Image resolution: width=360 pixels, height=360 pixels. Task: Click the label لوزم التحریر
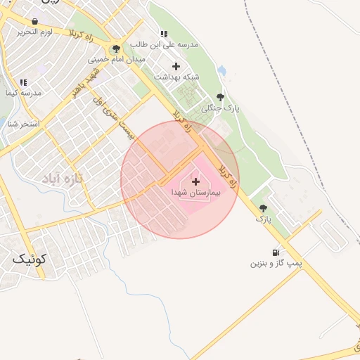click(35, 34)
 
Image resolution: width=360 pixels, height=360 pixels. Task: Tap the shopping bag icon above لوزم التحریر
click(34, 22)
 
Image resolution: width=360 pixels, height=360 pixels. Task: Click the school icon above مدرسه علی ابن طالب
click(164, 33)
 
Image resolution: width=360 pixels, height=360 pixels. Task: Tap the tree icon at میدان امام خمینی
click(115, 49)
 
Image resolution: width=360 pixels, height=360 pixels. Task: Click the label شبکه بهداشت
click(176, 77)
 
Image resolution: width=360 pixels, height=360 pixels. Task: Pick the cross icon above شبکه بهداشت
click(176, 66)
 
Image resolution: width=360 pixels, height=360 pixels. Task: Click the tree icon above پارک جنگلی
click(220, 97)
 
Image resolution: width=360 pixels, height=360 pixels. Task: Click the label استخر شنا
click(24, 124)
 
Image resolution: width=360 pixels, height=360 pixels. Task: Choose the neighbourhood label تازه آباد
click(62, 179)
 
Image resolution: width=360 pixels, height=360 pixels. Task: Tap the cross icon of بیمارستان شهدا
click(195, 181)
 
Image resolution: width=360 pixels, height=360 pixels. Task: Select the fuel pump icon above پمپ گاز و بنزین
click(274, 252)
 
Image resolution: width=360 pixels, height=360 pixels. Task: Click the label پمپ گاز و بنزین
click(276, 264)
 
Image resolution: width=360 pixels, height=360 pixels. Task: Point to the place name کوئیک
click(29, 259)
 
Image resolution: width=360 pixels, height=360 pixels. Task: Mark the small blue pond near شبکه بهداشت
click(221, 71)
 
